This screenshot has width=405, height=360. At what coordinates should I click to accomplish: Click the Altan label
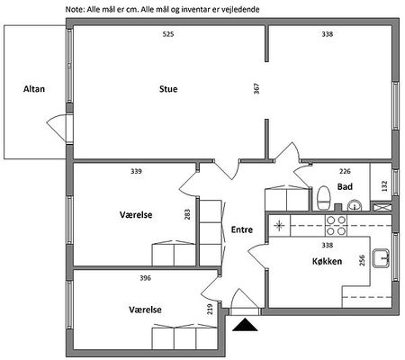click(34, 89)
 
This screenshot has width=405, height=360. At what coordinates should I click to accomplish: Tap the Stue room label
click(168, 89)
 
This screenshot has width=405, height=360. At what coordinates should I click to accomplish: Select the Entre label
click(242, 229)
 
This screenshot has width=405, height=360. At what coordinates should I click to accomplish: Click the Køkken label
click(327, 261)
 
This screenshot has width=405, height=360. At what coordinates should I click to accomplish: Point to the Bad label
click(345, 187)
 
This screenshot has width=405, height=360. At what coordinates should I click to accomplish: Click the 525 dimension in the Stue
click(168, 34)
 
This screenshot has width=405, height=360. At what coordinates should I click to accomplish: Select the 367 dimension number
click(256, 89)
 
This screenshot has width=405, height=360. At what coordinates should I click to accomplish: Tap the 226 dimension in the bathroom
click(345, 172)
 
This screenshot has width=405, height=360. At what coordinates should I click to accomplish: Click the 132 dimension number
click(384, 186)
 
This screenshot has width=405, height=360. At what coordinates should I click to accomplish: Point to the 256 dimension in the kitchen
click(362, 260)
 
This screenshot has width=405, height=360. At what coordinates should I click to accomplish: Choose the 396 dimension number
click(146, 278)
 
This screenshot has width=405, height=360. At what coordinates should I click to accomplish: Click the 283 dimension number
click(187, 214)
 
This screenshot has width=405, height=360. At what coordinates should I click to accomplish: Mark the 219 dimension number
click(210, 310)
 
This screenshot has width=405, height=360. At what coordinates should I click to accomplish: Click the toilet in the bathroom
click(324, 198)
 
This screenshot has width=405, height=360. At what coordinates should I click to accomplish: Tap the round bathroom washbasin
click(355, 205)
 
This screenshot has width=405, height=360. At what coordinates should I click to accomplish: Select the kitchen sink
click(381, 258)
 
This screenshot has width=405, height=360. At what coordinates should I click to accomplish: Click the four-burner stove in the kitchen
click(336, 226)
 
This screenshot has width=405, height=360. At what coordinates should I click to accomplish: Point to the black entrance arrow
click(245, 325)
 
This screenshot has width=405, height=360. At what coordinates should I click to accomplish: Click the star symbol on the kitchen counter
click(279, 226)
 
